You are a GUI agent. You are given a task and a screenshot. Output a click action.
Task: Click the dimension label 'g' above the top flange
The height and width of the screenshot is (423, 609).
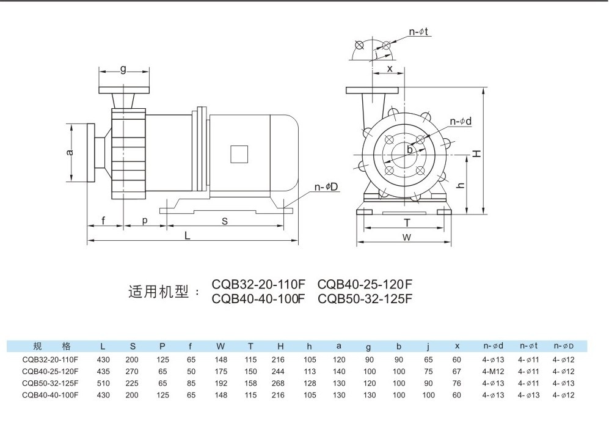click(x=123, y=69)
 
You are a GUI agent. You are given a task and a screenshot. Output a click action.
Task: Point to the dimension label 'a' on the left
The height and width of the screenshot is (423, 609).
click(x=70, y=152)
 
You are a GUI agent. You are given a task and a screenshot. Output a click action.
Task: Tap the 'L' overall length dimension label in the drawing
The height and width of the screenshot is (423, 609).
click(x=187, y=235)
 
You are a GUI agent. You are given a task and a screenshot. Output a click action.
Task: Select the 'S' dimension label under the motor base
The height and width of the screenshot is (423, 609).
click(x=225, y=221)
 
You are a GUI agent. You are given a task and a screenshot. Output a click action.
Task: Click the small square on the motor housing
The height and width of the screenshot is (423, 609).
click(x=239, y=155)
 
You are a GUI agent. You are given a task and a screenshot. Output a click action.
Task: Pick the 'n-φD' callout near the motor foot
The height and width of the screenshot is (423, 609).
click(x=326, y=187)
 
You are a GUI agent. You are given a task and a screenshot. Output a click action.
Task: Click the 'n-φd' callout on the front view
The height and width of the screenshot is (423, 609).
click(x=461, y=121)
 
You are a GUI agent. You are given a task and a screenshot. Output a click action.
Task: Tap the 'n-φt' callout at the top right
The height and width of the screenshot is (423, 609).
click(x=418, y=32)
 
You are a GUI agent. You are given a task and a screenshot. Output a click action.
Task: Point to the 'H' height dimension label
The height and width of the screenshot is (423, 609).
click(x=477, y=153)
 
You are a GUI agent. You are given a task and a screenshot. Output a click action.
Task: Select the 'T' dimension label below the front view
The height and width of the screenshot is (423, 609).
click(x=407, y=223)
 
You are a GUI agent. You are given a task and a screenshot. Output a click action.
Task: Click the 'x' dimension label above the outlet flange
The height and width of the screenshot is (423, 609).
click(x=390, y=69)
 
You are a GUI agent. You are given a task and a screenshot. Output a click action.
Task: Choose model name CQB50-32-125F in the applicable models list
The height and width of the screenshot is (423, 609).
click(x=365, y=298)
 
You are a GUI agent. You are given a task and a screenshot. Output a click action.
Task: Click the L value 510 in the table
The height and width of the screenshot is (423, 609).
click(x=103, y=383)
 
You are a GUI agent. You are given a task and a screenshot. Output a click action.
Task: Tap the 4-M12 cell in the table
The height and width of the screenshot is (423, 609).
click(x=493, y=372)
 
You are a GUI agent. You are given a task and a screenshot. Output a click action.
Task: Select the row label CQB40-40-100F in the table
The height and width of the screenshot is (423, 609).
click(x=50, y=395)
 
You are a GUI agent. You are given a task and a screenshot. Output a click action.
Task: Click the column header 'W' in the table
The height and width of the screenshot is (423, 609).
click(x=221, y=346)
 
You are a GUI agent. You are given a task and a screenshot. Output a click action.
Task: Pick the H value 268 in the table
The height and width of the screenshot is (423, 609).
click(x=278, y=383)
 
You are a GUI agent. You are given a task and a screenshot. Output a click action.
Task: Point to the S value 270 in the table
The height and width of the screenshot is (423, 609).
click(x=132, y=372)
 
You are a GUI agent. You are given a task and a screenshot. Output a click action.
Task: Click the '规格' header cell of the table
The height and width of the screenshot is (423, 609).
click(x=52, y=346)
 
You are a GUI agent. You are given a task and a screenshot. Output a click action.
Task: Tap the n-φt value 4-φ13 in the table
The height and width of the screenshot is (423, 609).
click(x=528, y=395)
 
